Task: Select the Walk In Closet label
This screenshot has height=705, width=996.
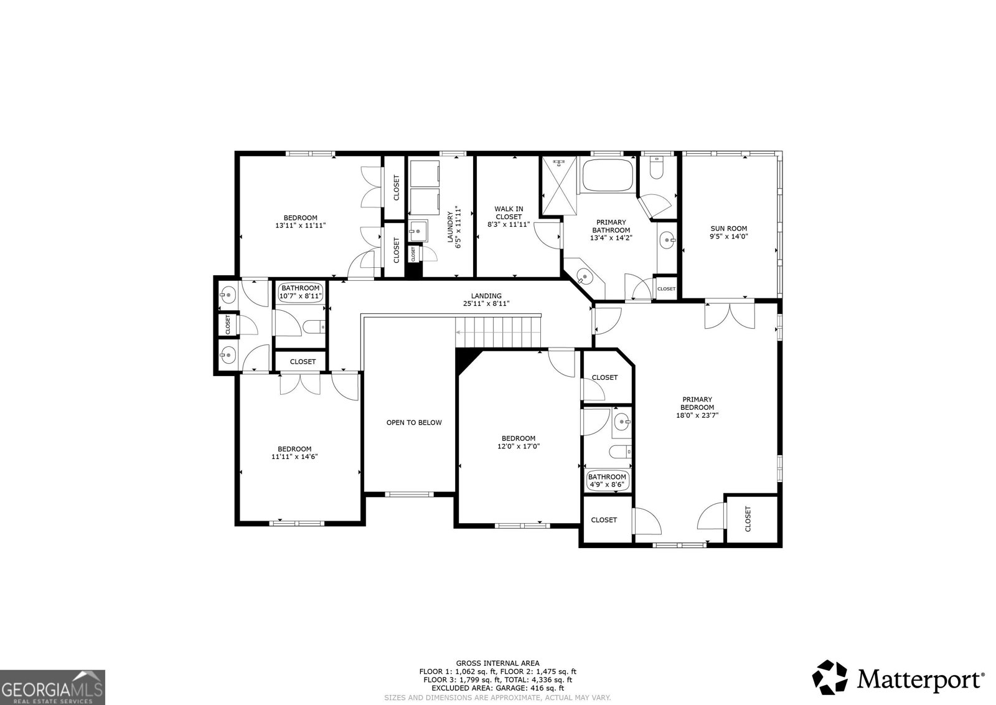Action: point(509,212)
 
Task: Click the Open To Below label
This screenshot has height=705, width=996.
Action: point(414,422)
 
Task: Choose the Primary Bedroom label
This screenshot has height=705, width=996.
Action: point(697,404)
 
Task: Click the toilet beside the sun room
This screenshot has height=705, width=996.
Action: point(656,169)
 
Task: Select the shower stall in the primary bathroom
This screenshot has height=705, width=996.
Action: point(558,186)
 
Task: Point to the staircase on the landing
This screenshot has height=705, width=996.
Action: point(498,331)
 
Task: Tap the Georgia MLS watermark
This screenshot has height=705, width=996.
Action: point(52,687)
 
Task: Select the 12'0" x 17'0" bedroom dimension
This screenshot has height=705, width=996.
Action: point(519,446)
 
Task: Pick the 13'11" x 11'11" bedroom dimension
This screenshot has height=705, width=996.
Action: point(301,225)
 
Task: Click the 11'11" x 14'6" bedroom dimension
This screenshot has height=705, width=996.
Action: point(294,457)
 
